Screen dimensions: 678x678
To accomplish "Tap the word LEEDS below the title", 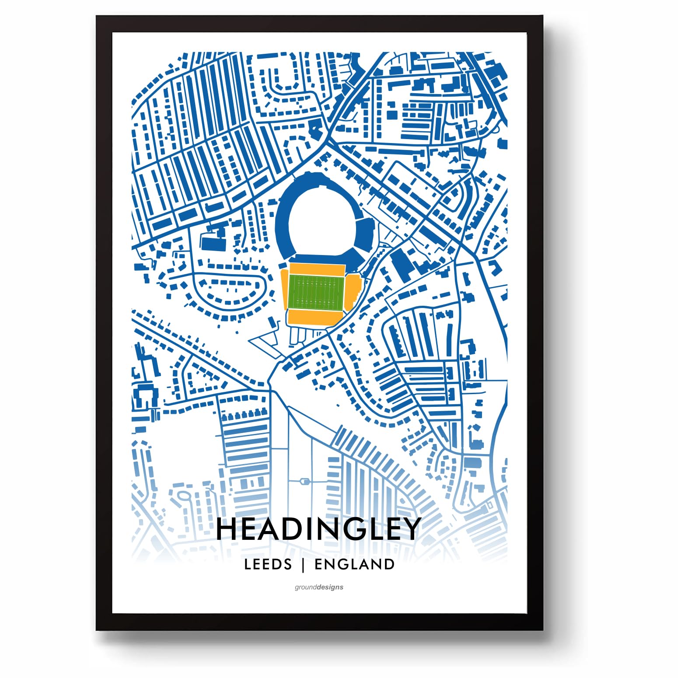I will click(268, 564).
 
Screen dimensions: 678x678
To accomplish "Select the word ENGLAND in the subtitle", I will click(354, 564).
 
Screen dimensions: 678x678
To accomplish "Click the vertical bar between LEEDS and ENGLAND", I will click(303, 565).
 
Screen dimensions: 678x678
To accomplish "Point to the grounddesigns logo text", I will click(319, 587).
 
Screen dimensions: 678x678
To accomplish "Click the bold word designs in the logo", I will click(331, 587).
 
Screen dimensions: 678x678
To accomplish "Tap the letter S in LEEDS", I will click(287, 564).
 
